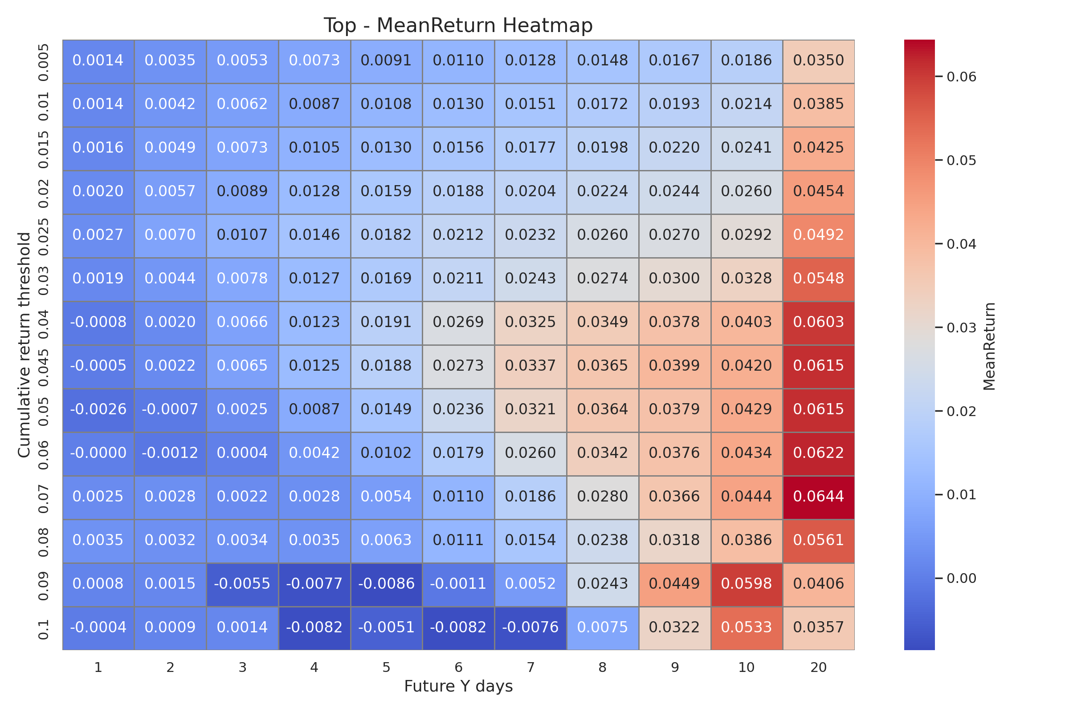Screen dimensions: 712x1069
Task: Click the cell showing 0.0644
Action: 818,496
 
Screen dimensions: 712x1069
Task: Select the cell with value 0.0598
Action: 747,583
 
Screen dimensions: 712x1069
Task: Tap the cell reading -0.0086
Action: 386,583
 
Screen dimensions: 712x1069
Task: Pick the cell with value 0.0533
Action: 747,627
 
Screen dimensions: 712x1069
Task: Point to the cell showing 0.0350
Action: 818,61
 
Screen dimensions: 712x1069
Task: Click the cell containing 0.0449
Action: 674,583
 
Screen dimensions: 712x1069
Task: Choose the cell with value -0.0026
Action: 98,409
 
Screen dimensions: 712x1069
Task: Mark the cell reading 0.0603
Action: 818,322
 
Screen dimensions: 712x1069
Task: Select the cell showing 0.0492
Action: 818,235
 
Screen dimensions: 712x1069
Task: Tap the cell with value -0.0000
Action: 98,453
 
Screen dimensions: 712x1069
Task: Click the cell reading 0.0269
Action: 458,322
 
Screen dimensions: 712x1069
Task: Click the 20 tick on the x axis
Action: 818,667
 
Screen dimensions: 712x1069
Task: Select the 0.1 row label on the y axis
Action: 43,629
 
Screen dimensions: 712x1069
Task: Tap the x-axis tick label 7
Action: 530,667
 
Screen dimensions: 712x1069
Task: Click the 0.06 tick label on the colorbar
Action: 961,77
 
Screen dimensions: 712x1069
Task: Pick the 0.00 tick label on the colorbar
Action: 961,578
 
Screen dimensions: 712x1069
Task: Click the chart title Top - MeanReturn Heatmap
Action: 458,25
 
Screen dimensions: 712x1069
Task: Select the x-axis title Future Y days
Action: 458,686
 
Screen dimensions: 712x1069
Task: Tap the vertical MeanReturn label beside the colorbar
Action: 989,346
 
